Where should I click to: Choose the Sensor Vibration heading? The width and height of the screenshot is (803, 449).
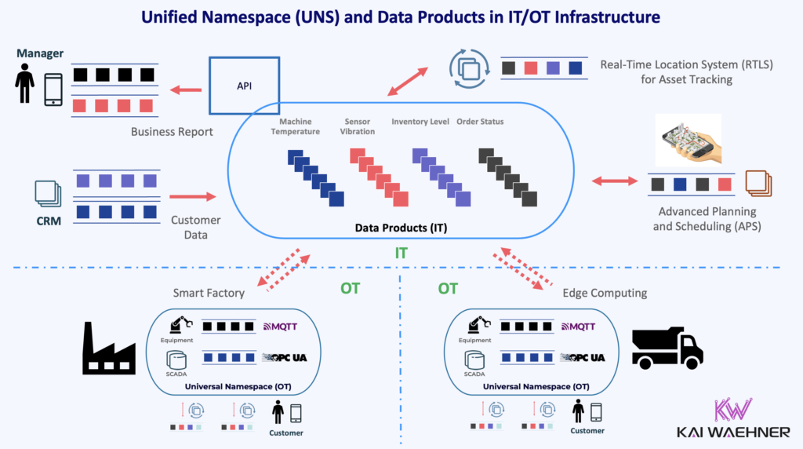click(x=359, y=126)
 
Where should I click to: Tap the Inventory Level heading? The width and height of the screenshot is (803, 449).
click(x=420, y=122)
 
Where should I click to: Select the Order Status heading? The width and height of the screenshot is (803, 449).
click(x=480, y=122)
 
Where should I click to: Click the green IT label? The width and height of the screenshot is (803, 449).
click(x=401, y=254)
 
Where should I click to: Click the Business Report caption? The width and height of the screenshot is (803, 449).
click(x=172, y=132)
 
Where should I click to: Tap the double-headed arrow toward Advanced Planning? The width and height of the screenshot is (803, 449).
click(x=614, y=181)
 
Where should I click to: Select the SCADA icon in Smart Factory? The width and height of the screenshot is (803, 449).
click(x=177, y=359)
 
